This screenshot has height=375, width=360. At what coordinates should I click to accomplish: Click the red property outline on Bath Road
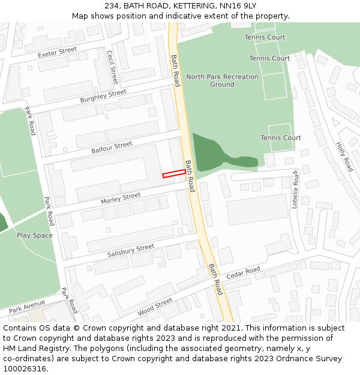click(174, 173)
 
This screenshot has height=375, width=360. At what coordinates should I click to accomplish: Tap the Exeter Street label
click(58, 53)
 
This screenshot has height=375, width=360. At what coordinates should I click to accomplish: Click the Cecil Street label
click(112, 67)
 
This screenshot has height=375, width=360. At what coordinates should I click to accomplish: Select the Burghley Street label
click(103, 96)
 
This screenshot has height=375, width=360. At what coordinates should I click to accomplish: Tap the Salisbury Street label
click(131, 251)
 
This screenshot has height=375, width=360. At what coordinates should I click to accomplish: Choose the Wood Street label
click(155, 307)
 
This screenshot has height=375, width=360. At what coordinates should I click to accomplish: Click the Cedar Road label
click(243, 273)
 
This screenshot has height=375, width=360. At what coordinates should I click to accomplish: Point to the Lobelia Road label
click(295, 189)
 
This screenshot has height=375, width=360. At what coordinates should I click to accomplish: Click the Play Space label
click(35, 235)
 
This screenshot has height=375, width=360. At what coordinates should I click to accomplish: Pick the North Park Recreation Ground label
click(222, 80)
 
